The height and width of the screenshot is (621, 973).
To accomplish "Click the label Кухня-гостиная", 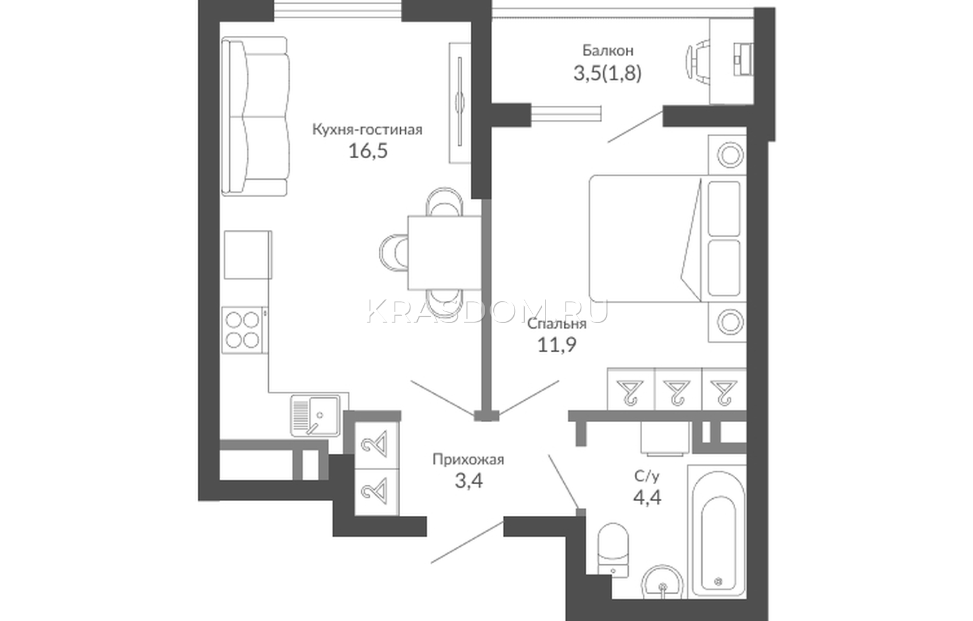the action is pyautogui.click(x=367, y=130).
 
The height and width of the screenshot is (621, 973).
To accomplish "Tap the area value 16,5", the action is pyautogui.click(x=367, y=151).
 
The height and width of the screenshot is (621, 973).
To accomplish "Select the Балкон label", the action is pyautogui.click(x=608, y=51).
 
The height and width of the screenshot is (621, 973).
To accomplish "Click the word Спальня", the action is pyautogui.click(x=557, y=324).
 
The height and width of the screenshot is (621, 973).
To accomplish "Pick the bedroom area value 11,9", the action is pyautogui.click(x=557, y=345).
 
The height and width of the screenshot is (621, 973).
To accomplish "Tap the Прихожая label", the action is pyautogui.click(x=468, y=459).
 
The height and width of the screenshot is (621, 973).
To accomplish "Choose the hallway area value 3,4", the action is pyautogui.click(x=469, y=481).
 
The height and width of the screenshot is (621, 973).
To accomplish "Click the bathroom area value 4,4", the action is pyautogui.click(x=647, y=498).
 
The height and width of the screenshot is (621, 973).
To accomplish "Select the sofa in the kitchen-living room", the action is pyautogui.click(x=255, y=116).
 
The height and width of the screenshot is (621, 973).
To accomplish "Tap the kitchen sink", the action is pyautogui.click(x=316, y=415).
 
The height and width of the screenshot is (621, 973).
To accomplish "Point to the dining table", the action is pyautogui.click(x=445, y=253).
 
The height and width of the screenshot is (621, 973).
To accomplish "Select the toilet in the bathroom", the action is pyautogui.click(x=613, y=550).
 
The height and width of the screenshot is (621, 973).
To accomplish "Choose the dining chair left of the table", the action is pyautogui.click(x=393, y=253).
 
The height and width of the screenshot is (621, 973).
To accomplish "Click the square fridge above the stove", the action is pyautogui.click(x=248, y=255).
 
